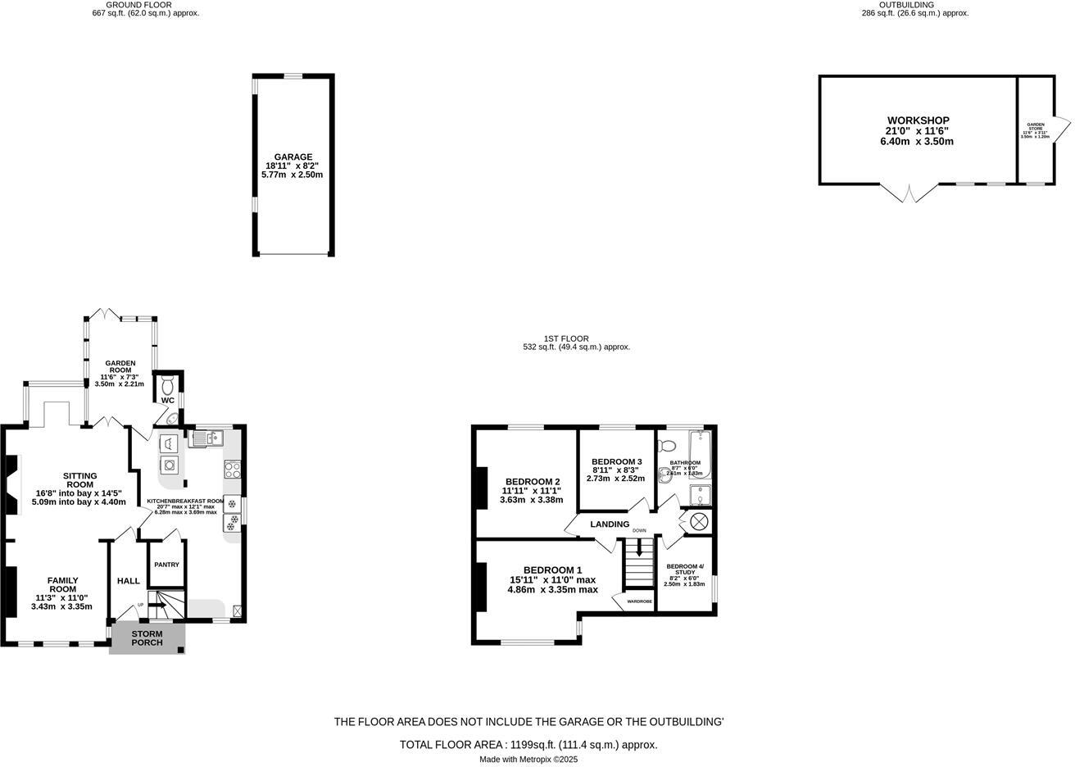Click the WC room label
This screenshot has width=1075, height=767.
pyautogui.click(x=167, y=400)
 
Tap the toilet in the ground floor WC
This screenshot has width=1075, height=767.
pyautogui.click(x=167, y=384)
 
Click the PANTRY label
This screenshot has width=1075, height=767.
pyautogui.click(x=166, y=565)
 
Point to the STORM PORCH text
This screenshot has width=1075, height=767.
pyautogui.click(x=147, y=638)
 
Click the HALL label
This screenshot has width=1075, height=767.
pyautogui.click(x=129, y=581)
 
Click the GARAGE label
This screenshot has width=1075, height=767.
pyautogui.click(x=293, y=157)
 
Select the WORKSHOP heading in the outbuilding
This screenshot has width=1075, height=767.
pyautogui.click(x=918, y=120)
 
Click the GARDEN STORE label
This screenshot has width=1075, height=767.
pyautogui.click(x=1035, y=126)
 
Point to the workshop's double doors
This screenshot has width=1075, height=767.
pyautogui.click(x=909, y=193)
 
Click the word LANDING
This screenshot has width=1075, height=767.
pyautogui.click(x=610, y=524)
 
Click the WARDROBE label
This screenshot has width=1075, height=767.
pyautogui.click(x=639, y=601)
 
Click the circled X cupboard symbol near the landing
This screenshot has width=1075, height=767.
pyautogui.click(x=699, y=521)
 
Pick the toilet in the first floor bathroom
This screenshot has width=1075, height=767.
pyautogui.click(x=666, y=446)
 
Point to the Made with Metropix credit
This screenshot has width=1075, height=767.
pyautogui.click(x=528, y=760)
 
